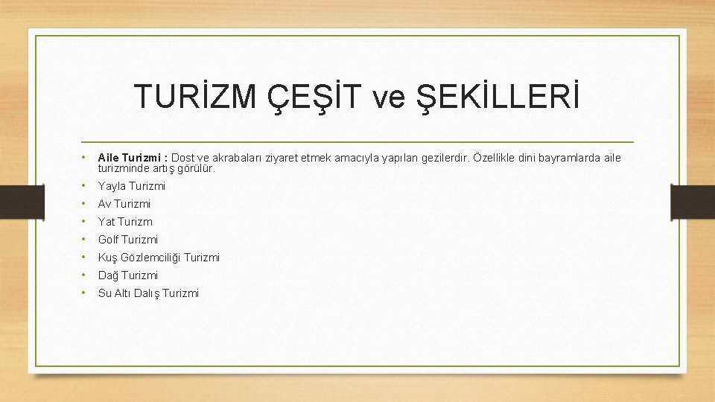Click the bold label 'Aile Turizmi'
(133, 158)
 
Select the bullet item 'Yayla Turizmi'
(132, 186)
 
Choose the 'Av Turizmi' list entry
(124, 204)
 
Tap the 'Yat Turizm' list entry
(125, 222)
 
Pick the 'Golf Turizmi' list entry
(128, 240)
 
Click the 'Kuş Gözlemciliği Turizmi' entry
(159, 258)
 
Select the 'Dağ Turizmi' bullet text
(128, 275)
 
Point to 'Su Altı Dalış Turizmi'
(148, 293)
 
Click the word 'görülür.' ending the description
(196, 168)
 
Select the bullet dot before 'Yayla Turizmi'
(86, 186)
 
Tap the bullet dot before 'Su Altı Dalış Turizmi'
(86, 293)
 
